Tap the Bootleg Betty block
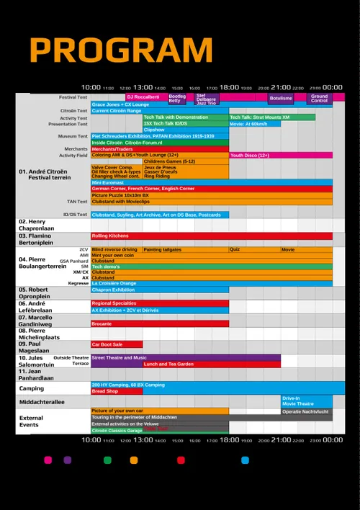(177, 98)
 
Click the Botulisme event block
(281, 98)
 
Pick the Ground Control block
(319, 98)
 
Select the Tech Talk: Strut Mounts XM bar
(272, 117)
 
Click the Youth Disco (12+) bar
(281, 155)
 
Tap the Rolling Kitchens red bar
(212, 236)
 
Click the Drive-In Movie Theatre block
(307, 401)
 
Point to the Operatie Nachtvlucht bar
(307, 411)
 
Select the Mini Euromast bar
(212, 182)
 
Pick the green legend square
(108, 460)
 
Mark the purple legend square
(68, 460)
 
